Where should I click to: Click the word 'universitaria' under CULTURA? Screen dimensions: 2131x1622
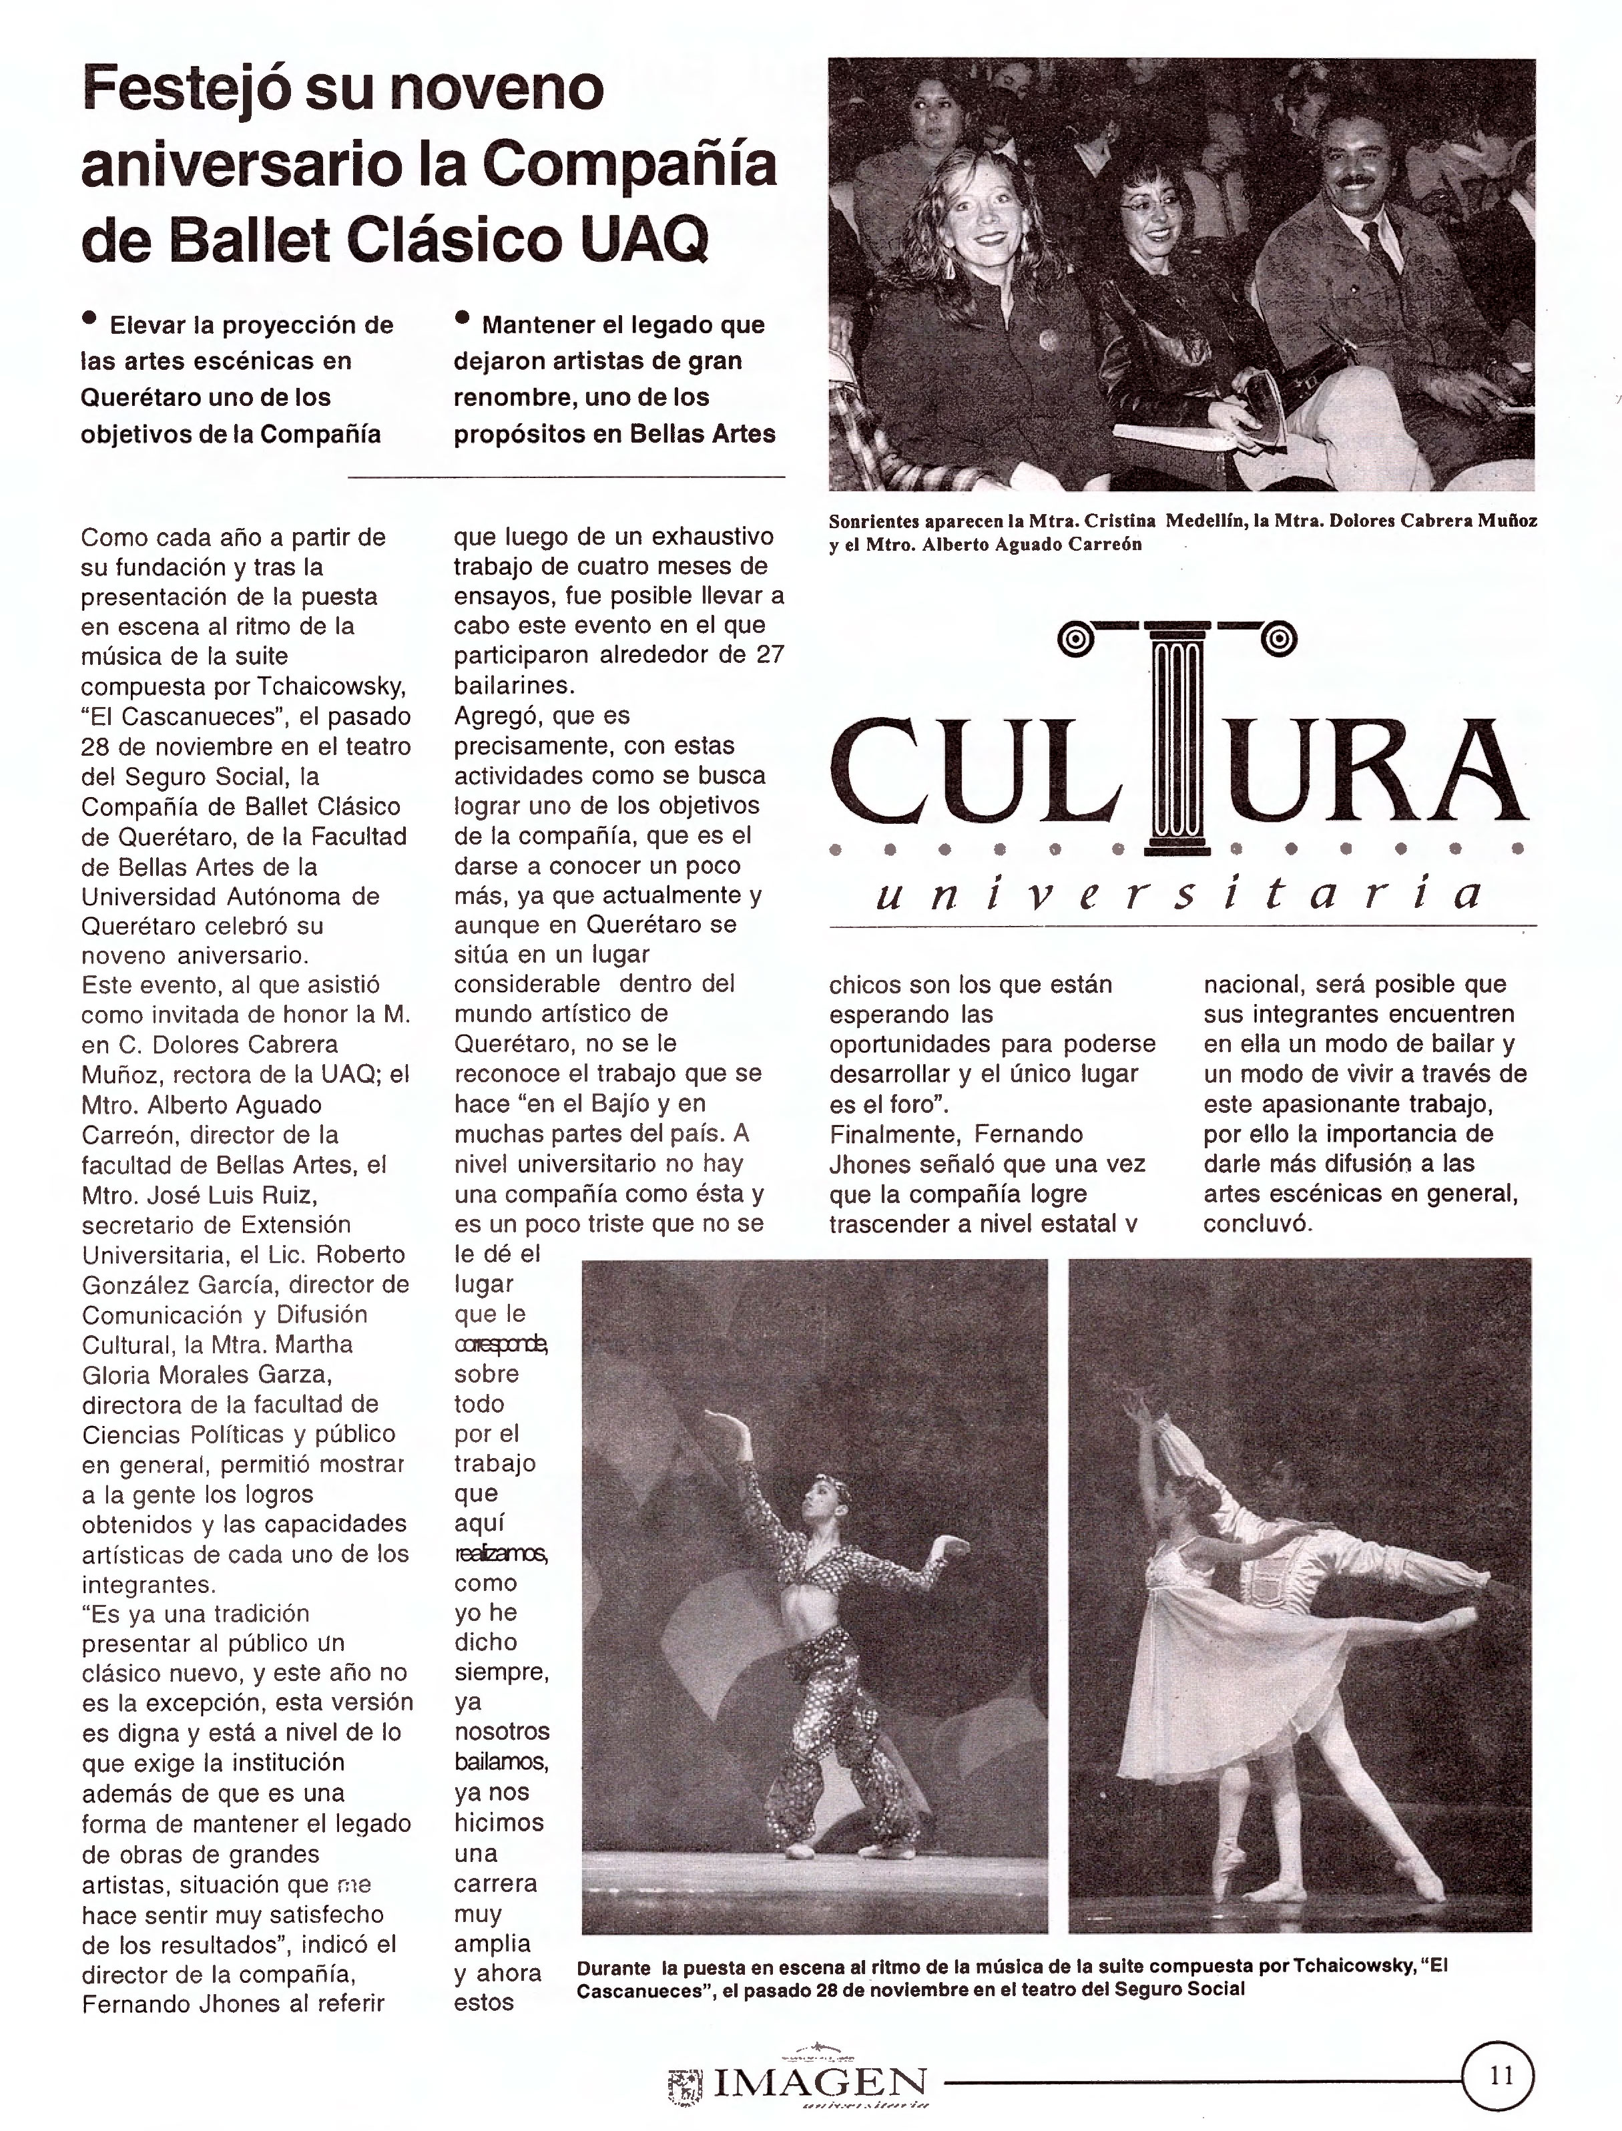point(1178,894)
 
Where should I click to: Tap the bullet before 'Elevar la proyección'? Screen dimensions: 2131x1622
point(91,316)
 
